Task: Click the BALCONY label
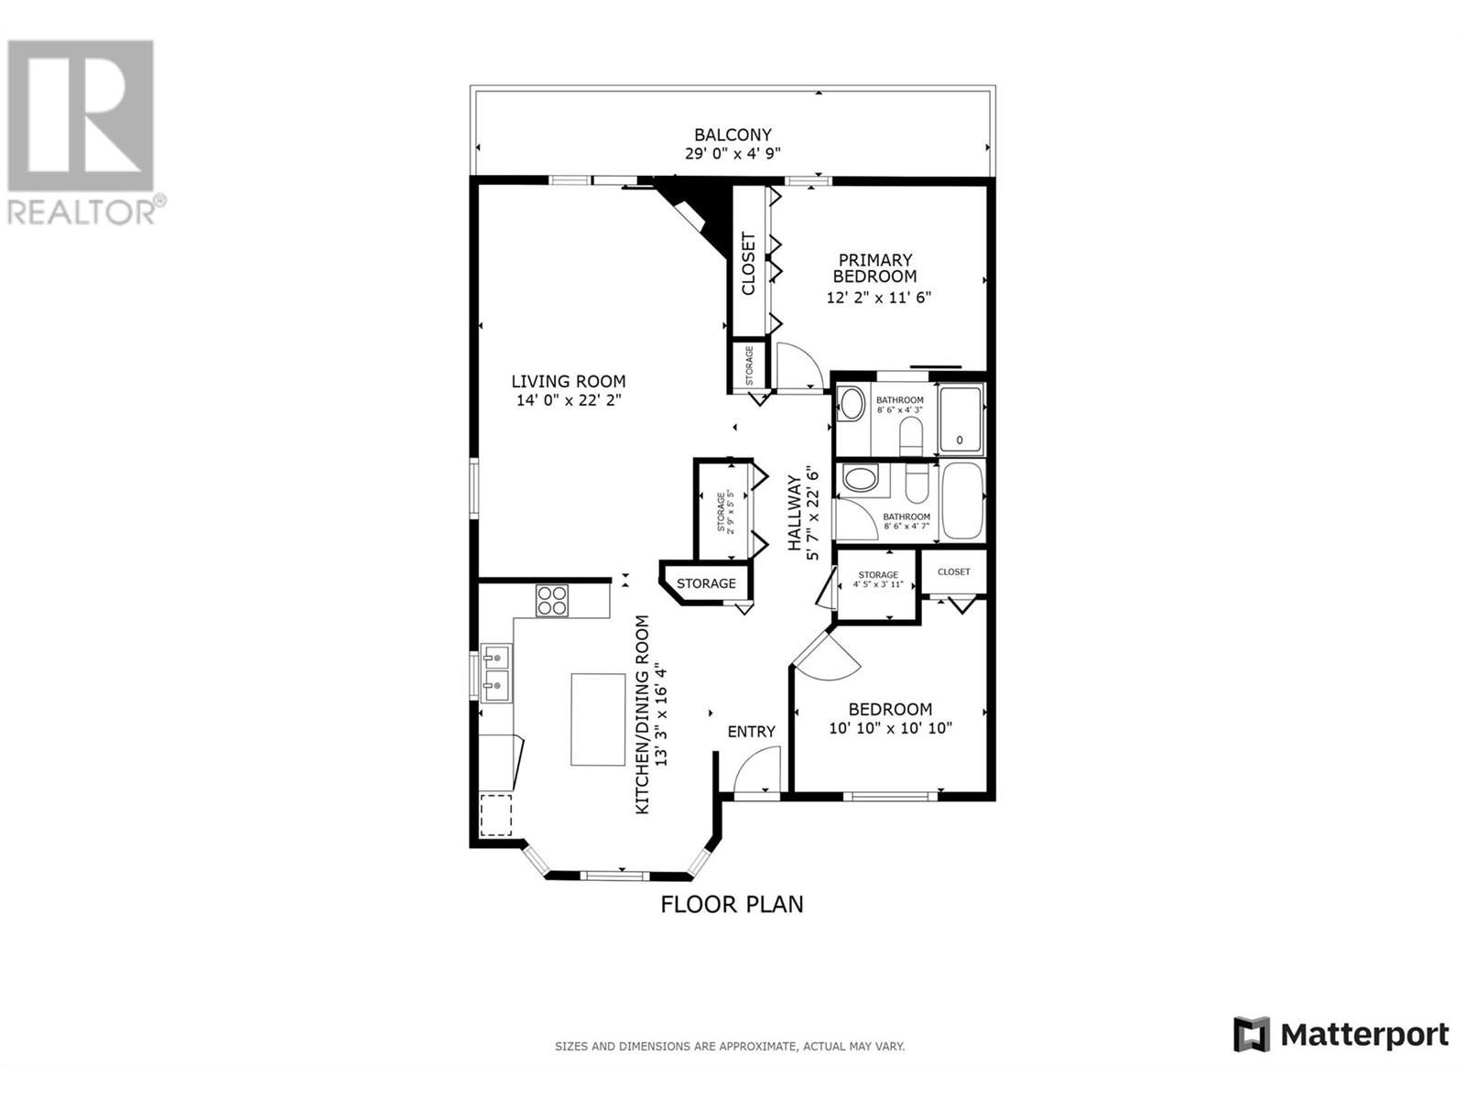pos(732,135)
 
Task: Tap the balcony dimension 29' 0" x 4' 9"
pos(732,154)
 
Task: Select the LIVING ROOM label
pos(568,381)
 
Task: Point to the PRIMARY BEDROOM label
pos(874,268)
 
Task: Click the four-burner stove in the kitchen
pos(552,600)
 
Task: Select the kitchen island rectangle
pos(598,719)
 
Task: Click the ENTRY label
pos(751,732)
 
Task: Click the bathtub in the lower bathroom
pos(961,501)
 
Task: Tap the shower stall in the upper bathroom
pos(960,420)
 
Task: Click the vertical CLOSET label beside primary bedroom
pos(748,264)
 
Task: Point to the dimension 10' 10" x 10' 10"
pos(890,728)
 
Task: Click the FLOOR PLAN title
pos(732,905)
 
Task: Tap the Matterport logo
pos(1341,1035)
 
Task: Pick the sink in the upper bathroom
pos(852,404)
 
